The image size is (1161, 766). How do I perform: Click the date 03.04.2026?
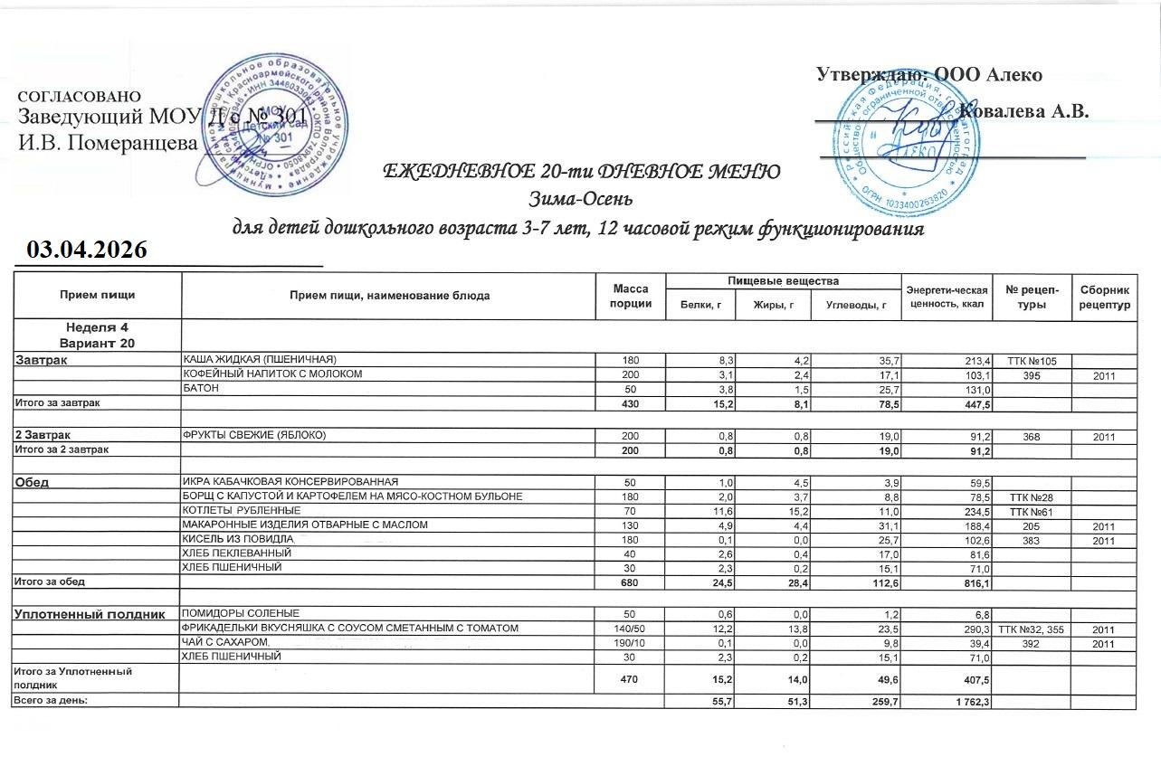(x=87, y=250)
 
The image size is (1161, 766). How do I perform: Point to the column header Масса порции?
(x=632, y=295)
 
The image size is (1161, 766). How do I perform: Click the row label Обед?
(x=30, y=482)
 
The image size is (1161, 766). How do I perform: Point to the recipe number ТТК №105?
(x=1032, y=361)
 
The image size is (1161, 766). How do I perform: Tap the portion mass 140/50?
(x=630, y=629)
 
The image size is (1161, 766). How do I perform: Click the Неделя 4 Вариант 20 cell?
(x=97, y=334)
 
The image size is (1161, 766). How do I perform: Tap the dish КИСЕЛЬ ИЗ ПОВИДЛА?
(x=227, y=538)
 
